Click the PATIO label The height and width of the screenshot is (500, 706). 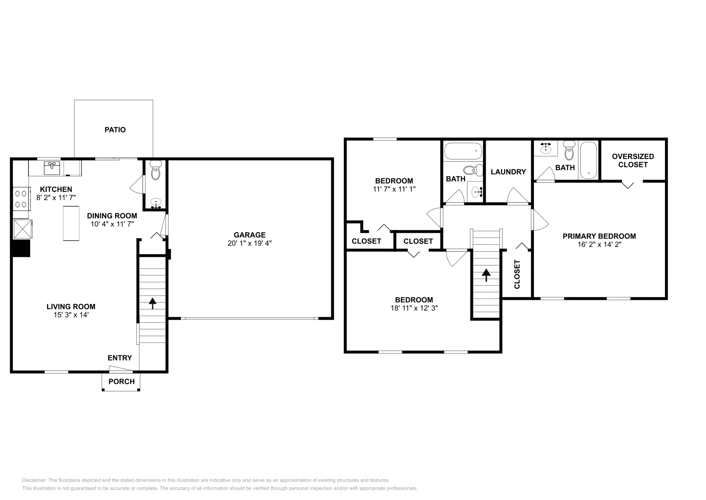[115, 130]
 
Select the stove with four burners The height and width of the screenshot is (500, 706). [20, 198]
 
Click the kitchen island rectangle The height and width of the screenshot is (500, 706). [71, 223]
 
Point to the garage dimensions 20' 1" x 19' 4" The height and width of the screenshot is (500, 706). [249, 243]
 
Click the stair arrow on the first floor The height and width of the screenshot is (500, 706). [153, 303]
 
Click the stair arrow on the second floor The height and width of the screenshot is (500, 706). [486, 275]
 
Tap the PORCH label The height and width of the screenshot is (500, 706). [121, 382]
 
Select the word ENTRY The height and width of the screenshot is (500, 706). [120, 358]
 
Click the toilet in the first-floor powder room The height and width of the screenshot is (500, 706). [156, 170]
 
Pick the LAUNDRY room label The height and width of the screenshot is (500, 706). [508, 172]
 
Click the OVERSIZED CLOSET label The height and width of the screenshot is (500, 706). [633, 160]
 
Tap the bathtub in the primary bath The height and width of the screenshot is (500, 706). [588, 160]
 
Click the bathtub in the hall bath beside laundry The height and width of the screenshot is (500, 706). [462, 152]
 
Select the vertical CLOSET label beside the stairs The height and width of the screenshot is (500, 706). [517, 274]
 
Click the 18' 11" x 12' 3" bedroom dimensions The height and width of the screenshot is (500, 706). [413, 308]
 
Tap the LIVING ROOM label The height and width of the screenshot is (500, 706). [71, 307]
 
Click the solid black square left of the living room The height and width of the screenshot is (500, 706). [21, 248]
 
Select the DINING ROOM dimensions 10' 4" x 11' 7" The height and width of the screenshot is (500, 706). [112, 224]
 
